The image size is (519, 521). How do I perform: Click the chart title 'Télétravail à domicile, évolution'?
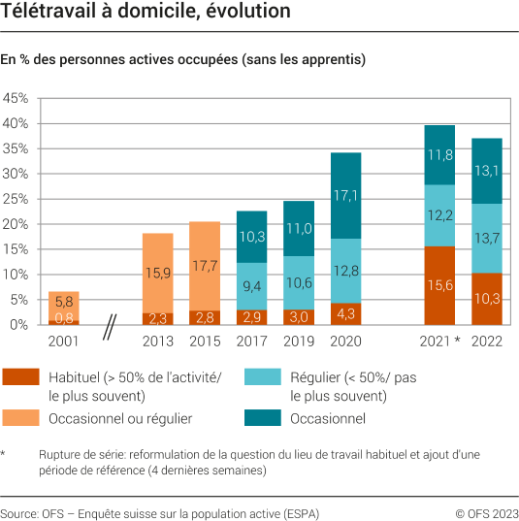(x=146, y=13)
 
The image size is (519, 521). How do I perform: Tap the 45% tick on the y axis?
(x=16, y=99)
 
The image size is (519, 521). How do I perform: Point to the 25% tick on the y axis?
(x=16, y=199)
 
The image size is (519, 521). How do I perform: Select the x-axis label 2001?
(x=63, y=342)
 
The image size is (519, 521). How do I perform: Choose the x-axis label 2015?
(x=204, y=342)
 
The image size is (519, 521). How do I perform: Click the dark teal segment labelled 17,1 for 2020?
(x=345, y=195)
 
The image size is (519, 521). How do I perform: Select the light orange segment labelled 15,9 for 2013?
(x=157, y=273)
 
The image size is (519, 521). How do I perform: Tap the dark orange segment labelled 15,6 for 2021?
(x=439, y=285)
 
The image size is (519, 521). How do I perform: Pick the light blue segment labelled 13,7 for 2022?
(x=487, y=238)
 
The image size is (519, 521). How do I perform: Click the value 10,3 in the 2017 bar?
(x=251, y=237)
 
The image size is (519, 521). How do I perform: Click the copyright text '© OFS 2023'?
(x=484, y=512)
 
